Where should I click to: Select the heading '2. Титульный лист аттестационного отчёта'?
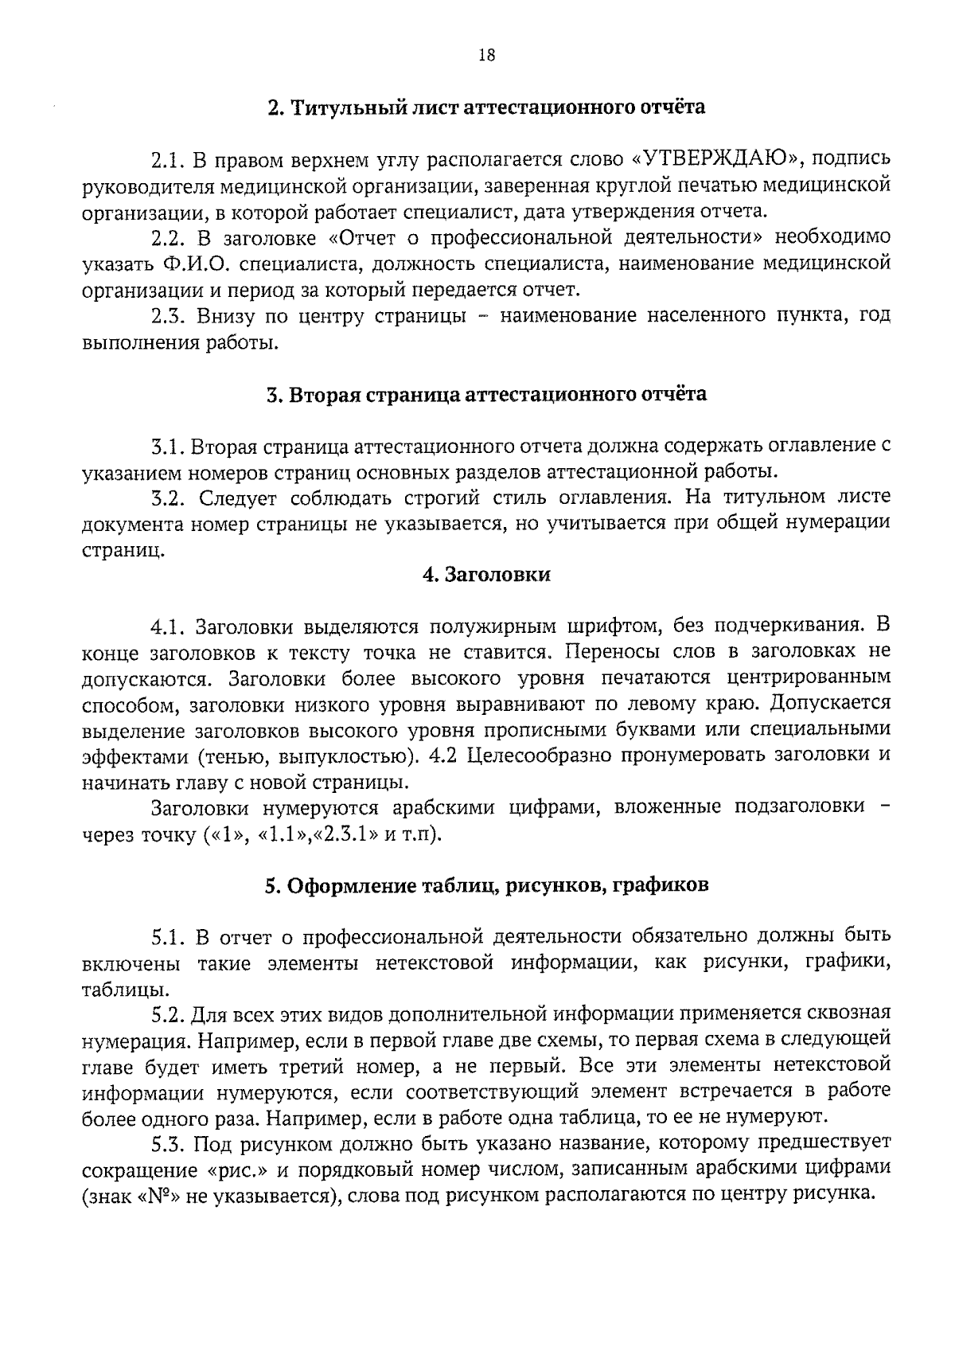point(486,107)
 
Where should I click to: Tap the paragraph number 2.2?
point(168,237)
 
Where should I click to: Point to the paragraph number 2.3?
point(168,316)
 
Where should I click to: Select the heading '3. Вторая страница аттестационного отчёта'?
point(486,394)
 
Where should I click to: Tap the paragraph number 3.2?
point(168,498)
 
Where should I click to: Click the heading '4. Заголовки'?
point(486,574)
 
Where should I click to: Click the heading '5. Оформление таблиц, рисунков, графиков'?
point(486,885)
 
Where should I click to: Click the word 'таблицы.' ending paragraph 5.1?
point(114,991)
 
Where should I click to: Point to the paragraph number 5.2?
point(168,1015)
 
